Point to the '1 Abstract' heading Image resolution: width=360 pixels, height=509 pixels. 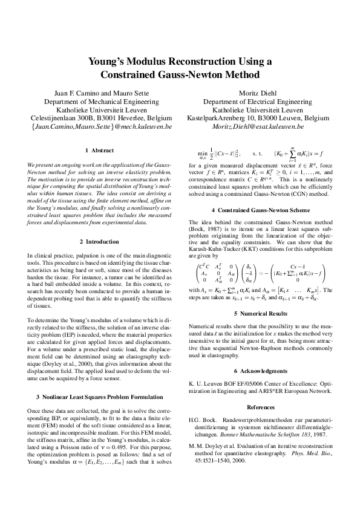pos(99,150)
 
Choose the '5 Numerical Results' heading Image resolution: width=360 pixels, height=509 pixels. pos(270,314)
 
